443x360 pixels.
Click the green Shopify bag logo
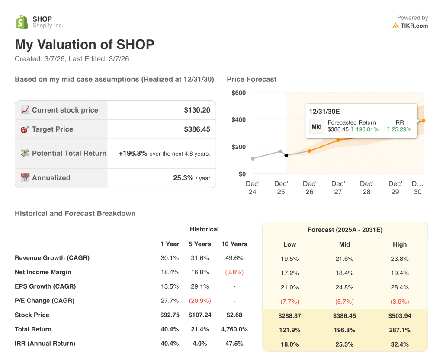click(x=22, y=22)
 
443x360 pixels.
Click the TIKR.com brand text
click(x=414, y=26)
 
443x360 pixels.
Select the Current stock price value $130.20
click(x=197, y=110)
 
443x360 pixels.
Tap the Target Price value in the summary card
click(x=197, y=129)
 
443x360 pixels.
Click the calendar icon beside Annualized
click(x=25, y=177)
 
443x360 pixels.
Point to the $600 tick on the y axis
click(x=238, y=93)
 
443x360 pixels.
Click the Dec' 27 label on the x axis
click(x=338, y=187)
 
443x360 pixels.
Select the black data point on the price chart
click(x=286, y=155)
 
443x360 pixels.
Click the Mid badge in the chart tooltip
click(x=316, y=126)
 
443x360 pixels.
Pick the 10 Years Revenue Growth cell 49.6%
click(x=234, y=258)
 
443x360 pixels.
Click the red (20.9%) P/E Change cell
click(x=200, y=301)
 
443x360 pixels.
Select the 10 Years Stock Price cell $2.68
click(x=234, y=315)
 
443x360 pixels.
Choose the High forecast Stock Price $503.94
click(x=399, y=316)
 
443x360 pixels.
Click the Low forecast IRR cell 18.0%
click(x=289, y=344)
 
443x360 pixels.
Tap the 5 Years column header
click(x=200, y=244)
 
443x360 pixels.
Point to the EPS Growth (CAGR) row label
click(x=45, y=286)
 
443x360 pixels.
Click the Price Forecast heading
click(x=251, y=79)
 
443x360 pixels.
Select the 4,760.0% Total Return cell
click(x=234, y=329)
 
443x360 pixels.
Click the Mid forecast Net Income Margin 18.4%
click(x=344, y=273)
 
